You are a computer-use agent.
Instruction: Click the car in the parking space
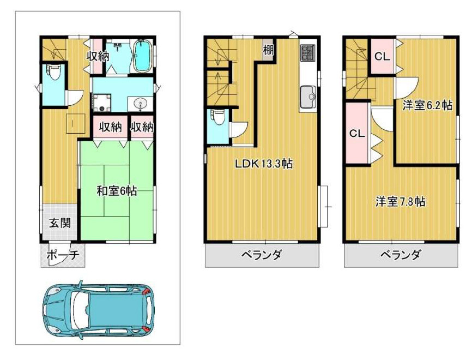pos(98,308)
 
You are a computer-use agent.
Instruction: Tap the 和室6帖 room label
pos(117,191)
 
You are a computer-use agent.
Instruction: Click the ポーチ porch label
pos(63,255)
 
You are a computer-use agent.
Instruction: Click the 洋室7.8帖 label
pos(401,201)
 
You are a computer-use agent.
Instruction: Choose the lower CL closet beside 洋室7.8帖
pos(356,133)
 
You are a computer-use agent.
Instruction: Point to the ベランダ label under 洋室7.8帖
pos(401,255)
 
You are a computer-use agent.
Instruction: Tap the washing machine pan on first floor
pos(101,102)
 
